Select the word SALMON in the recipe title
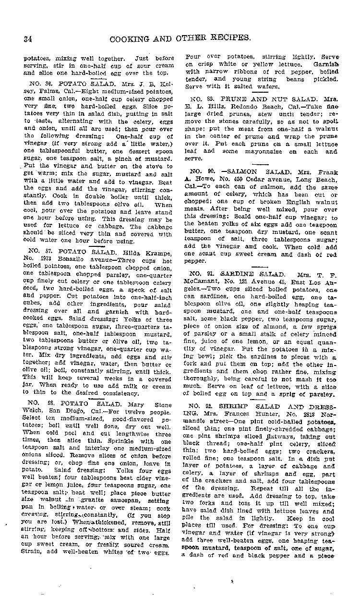pyautogui.click(x=237, y=171)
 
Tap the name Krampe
pyautogui.click(x=149, y=250)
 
